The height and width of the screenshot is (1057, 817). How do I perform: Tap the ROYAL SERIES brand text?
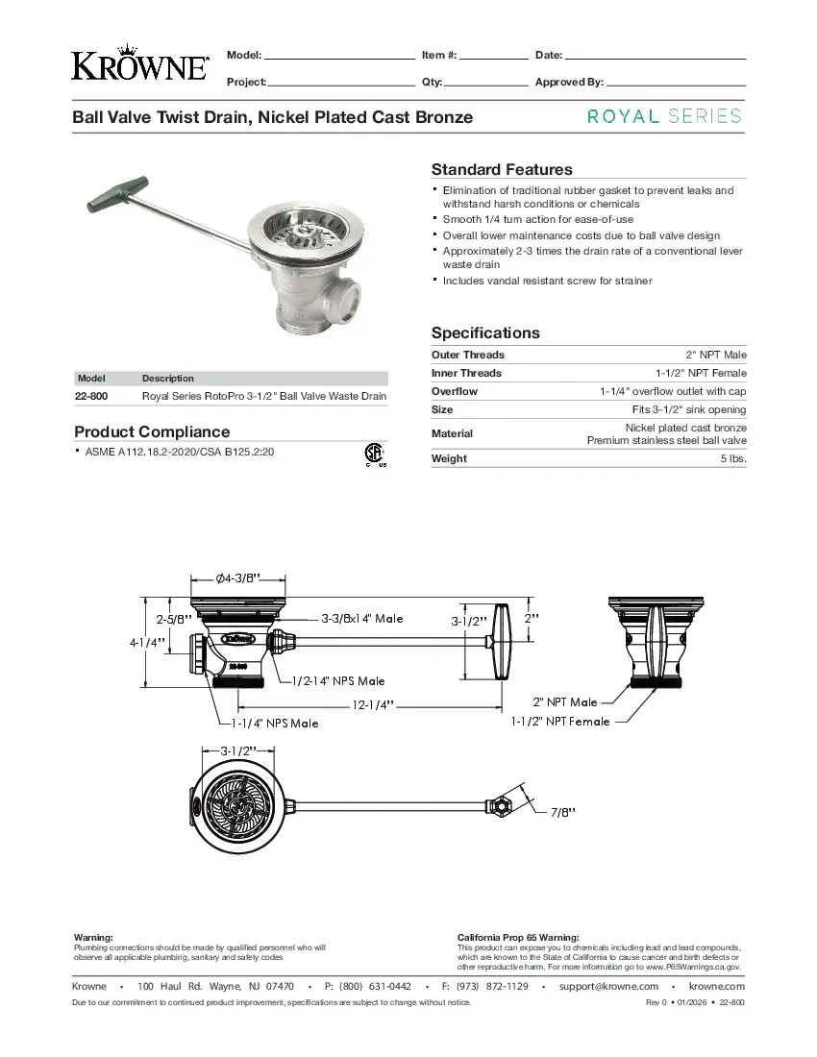(664, 116)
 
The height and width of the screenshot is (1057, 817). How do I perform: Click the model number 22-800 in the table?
(92, 396)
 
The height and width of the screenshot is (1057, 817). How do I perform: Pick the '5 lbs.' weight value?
(733, 459)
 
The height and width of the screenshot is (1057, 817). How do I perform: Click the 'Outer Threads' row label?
(467, 356)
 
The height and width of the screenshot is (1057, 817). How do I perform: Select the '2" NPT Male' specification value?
(716, 356)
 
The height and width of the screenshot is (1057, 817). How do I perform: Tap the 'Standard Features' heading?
(502, 169)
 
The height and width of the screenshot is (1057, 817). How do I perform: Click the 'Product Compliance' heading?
(152, 431)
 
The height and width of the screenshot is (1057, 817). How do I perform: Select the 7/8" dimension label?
(562, 813)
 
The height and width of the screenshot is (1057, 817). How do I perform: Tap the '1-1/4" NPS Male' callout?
(275, 723)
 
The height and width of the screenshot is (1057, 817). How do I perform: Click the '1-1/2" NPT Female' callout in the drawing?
(559, 721)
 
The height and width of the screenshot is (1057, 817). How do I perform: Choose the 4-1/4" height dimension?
(148, 642)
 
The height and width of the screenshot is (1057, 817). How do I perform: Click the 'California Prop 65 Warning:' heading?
(518, 937)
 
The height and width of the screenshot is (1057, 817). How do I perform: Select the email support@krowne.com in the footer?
(608, 986)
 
